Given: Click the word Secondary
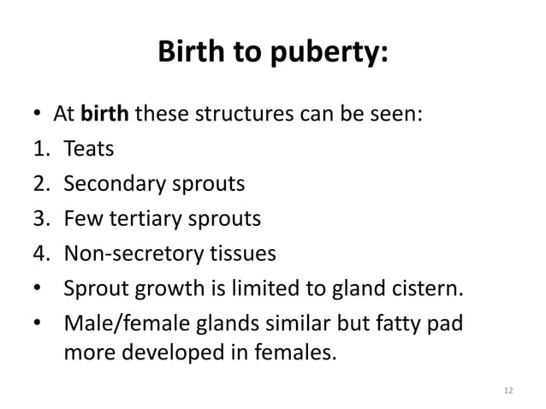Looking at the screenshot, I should click(x=110, y=184).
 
